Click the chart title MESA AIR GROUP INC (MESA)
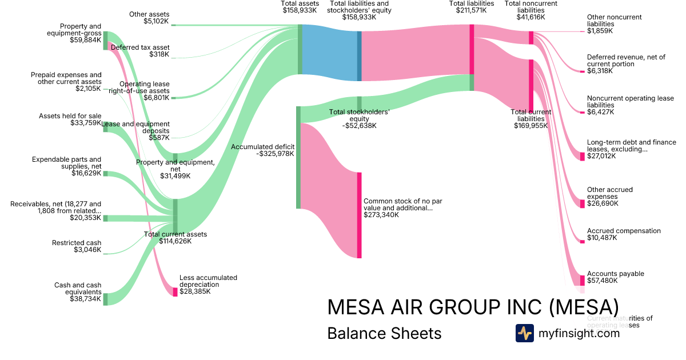pyautogui.click(x=472, y=307)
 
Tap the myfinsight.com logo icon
pyautogui.click(x=524, y=333)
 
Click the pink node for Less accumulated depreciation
pyautogui.click(x=176, y=291)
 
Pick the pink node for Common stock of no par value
pyautogui.click(x=360, y=215)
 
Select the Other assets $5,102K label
pyautogui.click(x=149, y=17)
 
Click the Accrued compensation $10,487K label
pyautogui.click(x=616, y=234)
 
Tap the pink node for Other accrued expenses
pyautogui.click(x=583, y=203)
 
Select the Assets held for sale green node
pyautogui.click(x=105, y=127)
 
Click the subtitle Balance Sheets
pyautogui.click(x=384, y=333)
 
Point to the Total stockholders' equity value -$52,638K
pyautogui.click(x=359, y=126)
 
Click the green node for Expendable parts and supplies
pyautogui.click(x=105, y=173)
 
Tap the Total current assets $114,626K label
pyautogui.click(x=176, y=238)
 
